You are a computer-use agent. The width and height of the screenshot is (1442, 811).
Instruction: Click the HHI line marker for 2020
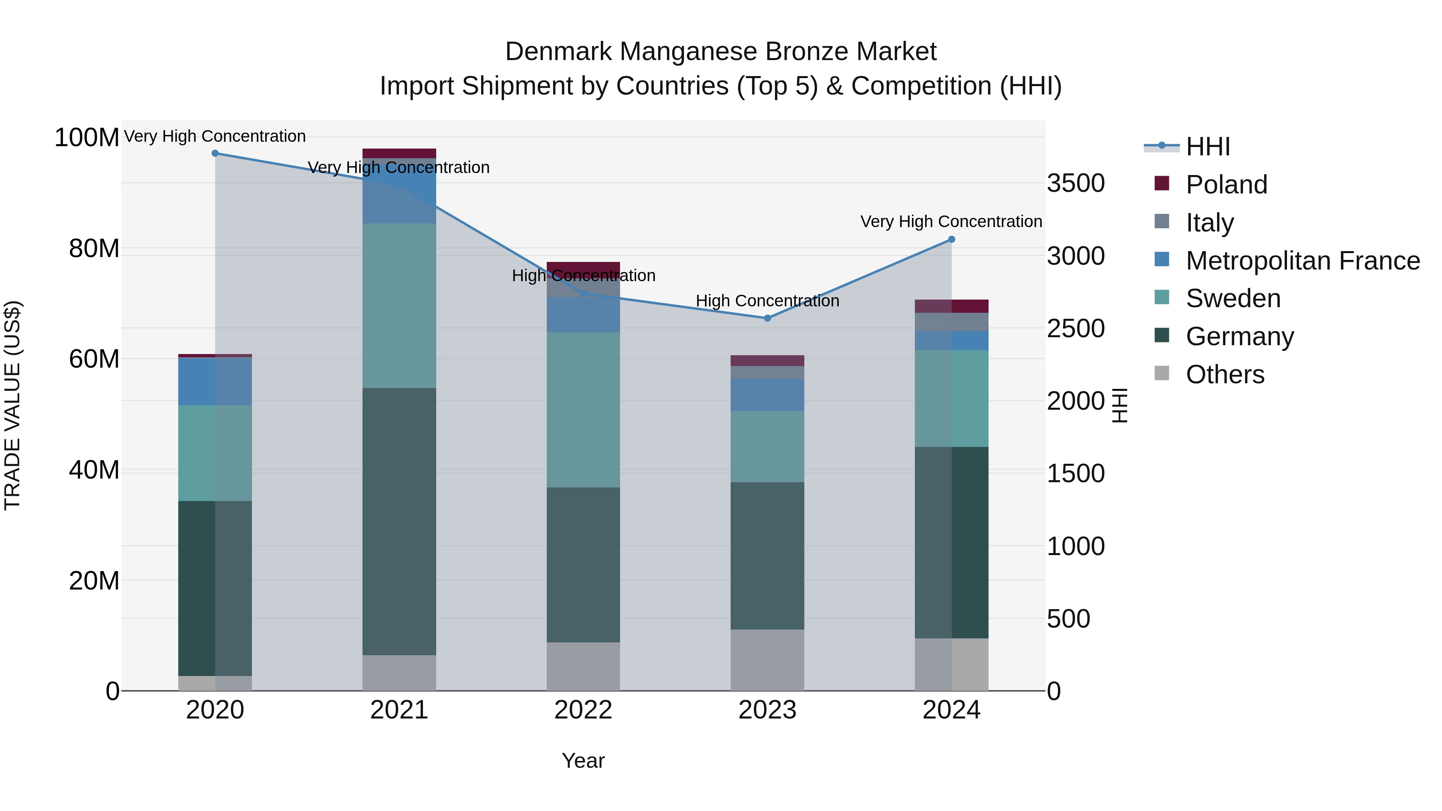click(x=215, y=153)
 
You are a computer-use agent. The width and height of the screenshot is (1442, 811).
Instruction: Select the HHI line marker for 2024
click(x=951, y=239)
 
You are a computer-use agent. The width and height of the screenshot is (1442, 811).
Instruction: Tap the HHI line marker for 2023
click(x=767, y=318)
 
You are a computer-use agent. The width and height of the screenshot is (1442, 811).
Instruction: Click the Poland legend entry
click(x=1226, y=185)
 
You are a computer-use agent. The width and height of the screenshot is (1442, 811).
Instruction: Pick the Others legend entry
click(x=1225, y=374)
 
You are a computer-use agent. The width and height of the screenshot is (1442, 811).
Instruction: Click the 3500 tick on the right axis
click(x=1075, y=183)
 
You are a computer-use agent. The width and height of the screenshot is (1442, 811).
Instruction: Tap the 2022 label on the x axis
click(x=583, y=710)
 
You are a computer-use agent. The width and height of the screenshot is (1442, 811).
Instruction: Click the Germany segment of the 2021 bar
click(x=399, y=521)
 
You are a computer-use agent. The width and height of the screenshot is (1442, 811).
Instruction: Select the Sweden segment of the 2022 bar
click(x=583, y=410)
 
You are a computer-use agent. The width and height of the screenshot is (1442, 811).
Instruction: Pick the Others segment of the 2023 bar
click(x=767, y=660)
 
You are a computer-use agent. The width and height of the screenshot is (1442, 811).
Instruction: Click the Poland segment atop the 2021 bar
click(x=399, y=153)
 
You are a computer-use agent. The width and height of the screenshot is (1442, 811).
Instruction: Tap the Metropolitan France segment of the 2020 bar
click(x=215, y=381)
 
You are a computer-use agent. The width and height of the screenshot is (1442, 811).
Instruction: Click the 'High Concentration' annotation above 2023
click(x=767, y=301)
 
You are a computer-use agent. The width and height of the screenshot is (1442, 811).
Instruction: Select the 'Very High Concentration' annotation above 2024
click(x=951, y=221)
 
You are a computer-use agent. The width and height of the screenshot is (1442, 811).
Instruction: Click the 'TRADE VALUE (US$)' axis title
click(x=12, y=405)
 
